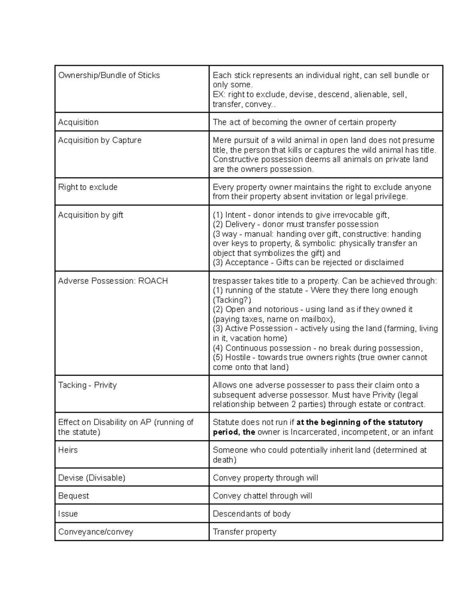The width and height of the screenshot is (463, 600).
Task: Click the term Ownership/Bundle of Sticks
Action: (109, 75)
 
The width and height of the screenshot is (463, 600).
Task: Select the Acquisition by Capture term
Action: (100, 140)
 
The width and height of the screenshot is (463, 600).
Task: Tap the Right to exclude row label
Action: (88, 187)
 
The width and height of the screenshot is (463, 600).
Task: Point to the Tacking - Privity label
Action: (87, 385)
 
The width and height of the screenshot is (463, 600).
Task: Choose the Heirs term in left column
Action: (68, 450)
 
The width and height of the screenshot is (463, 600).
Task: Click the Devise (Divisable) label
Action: (91, 478)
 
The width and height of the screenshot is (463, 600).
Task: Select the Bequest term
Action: (73, 496)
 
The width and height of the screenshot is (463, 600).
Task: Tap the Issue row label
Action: (68, 514)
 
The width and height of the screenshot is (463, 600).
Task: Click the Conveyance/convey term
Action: (95, 532)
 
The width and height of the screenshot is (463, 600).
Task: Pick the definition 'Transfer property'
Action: (245, 532)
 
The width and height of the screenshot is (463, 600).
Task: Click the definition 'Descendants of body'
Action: (252, 514)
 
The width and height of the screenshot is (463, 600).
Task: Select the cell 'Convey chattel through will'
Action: (262, 496)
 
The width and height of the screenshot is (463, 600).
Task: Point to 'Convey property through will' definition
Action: (265, 478)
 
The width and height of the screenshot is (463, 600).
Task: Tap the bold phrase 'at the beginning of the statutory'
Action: (359, 422)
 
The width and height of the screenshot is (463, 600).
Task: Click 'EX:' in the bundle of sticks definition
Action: (219, 95)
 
